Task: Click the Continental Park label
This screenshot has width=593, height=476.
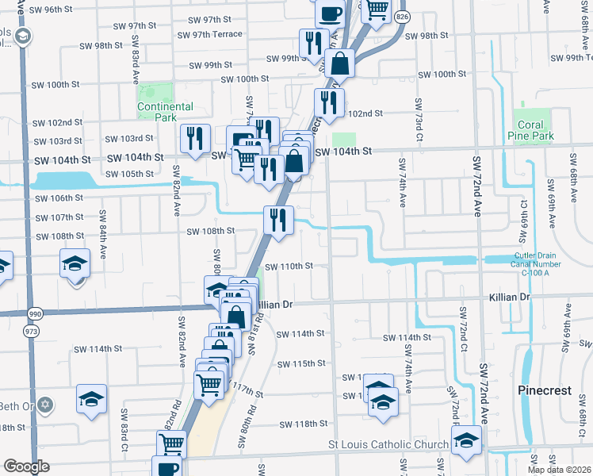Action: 165,112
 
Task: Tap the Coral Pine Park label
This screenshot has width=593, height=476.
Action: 530,131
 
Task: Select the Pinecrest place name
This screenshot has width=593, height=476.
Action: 545,390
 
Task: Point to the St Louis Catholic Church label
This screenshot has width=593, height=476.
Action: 388,444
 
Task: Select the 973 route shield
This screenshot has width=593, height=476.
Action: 32,329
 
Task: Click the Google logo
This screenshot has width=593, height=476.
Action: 26,466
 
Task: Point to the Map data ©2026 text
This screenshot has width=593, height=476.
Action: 559,470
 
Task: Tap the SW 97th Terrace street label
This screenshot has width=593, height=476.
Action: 210,34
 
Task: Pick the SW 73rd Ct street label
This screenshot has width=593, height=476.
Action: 417,116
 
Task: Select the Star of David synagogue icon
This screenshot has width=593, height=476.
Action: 45,405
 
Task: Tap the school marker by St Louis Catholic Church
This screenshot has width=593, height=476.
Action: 466,442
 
